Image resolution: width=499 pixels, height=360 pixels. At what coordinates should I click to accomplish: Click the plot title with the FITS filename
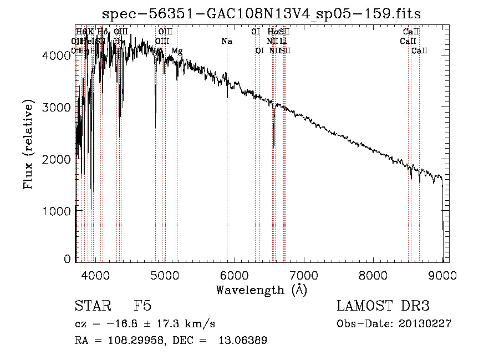258,14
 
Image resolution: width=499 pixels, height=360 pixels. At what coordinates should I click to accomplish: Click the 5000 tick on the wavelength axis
164,275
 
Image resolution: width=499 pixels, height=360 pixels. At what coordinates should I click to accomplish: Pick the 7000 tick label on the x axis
303,275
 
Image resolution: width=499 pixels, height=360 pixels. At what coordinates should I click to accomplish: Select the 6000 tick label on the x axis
234,275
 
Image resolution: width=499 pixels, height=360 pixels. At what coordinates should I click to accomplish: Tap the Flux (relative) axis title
28,145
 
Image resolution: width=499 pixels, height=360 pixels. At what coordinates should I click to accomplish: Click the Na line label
226,42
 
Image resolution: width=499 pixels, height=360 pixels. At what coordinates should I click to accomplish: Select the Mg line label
176,51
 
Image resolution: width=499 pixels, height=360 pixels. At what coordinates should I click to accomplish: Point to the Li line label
283,42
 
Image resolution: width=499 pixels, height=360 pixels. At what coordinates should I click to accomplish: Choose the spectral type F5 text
142,306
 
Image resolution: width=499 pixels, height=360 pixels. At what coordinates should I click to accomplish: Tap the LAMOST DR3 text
383,306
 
